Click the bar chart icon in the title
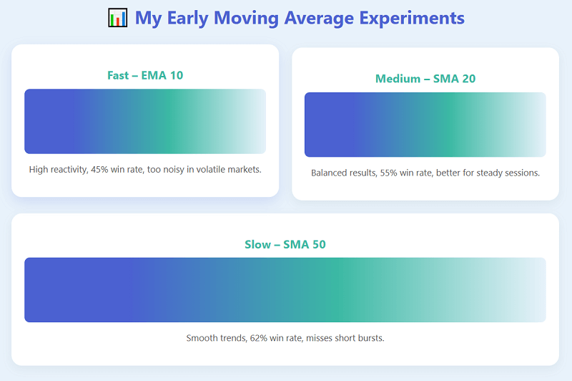(117, 18)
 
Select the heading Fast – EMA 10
(145, 75)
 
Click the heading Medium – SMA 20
(425, 79)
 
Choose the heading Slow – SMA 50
(285, 244)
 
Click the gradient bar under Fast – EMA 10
(145, 121)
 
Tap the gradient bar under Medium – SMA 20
(425, 125)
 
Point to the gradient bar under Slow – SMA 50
(285, 290)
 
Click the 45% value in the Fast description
(100, 170)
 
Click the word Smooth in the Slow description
(202, 338)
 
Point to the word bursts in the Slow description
(370, 338)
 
